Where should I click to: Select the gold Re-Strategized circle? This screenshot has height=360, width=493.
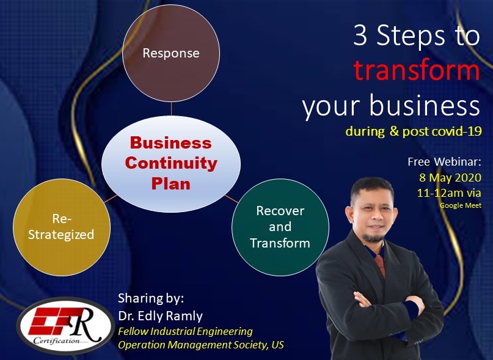(x=60, y=226)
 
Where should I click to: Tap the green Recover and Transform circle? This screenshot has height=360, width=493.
(x=280, y=227)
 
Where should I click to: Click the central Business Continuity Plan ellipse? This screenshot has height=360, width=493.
(x=171, y=163)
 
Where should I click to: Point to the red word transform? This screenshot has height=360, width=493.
(x=417, y=71)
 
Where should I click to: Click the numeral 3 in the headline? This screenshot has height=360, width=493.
(x=361, y=37)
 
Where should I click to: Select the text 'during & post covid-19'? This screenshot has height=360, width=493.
(x=413, y=131)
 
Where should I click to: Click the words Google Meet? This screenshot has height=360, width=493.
(x=461, y=205)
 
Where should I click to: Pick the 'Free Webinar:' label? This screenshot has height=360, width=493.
(x=444, y=162)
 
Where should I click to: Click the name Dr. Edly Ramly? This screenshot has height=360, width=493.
(x=161, y=315)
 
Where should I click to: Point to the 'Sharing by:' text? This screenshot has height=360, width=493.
(x=150, y=299)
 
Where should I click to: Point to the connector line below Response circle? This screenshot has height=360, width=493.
(x=171, y=109)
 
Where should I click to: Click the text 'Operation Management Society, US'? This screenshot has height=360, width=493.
(x=201, y=345)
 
